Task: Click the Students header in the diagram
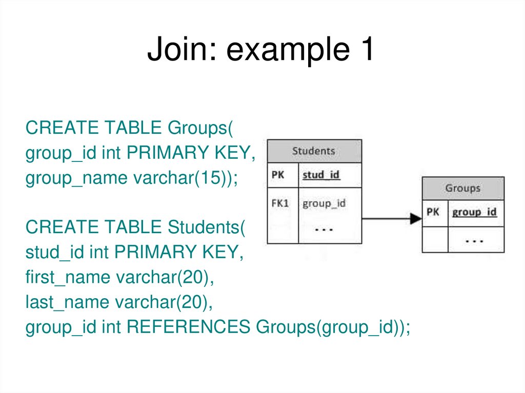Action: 314,151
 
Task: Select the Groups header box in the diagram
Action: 462,188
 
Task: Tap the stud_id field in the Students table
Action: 321,175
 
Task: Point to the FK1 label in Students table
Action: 280,203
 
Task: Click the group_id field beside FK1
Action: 324,203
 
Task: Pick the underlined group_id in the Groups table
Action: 474,212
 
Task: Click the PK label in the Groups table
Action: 433,212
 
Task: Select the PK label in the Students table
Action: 278,175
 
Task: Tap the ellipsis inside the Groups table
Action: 475,240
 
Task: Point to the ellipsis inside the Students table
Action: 324,229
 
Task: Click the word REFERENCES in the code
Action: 188,327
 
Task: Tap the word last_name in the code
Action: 68,302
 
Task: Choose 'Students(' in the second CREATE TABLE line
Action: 207,227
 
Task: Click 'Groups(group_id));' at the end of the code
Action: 333,327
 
